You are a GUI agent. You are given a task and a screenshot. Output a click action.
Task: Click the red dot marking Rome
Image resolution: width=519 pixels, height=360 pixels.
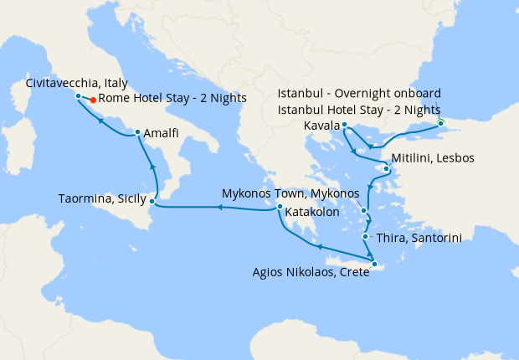coord(92,100)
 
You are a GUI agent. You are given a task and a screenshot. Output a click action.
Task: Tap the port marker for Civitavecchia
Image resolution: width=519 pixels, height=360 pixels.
coord(78,96)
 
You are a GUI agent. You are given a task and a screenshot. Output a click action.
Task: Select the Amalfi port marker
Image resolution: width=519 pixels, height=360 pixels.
coord(137,132)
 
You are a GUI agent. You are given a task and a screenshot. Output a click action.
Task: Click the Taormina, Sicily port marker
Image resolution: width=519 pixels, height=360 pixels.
coord(152,201)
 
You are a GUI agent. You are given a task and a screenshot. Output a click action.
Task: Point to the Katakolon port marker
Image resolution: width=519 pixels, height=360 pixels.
coord(280,209)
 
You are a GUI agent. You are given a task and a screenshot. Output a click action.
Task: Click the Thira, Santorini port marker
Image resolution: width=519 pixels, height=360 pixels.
coord(366,237)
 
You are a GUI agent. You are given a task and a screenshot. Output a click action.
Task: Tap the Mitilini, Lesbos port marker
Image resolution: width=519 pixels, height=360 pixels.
coord(386,169)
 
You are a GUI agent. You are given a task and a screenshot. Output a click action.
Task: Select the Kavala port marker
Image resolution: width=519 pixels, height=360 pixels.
coord(345,125)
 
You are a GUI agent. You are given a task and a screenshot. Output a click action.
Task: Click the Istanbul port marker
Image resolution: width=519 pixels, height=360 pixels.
coord(441,124)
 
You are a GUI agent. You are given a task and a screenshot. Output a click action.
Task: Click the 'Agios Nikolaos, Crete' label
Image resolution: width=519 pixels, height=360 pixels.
coord(311,272)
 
